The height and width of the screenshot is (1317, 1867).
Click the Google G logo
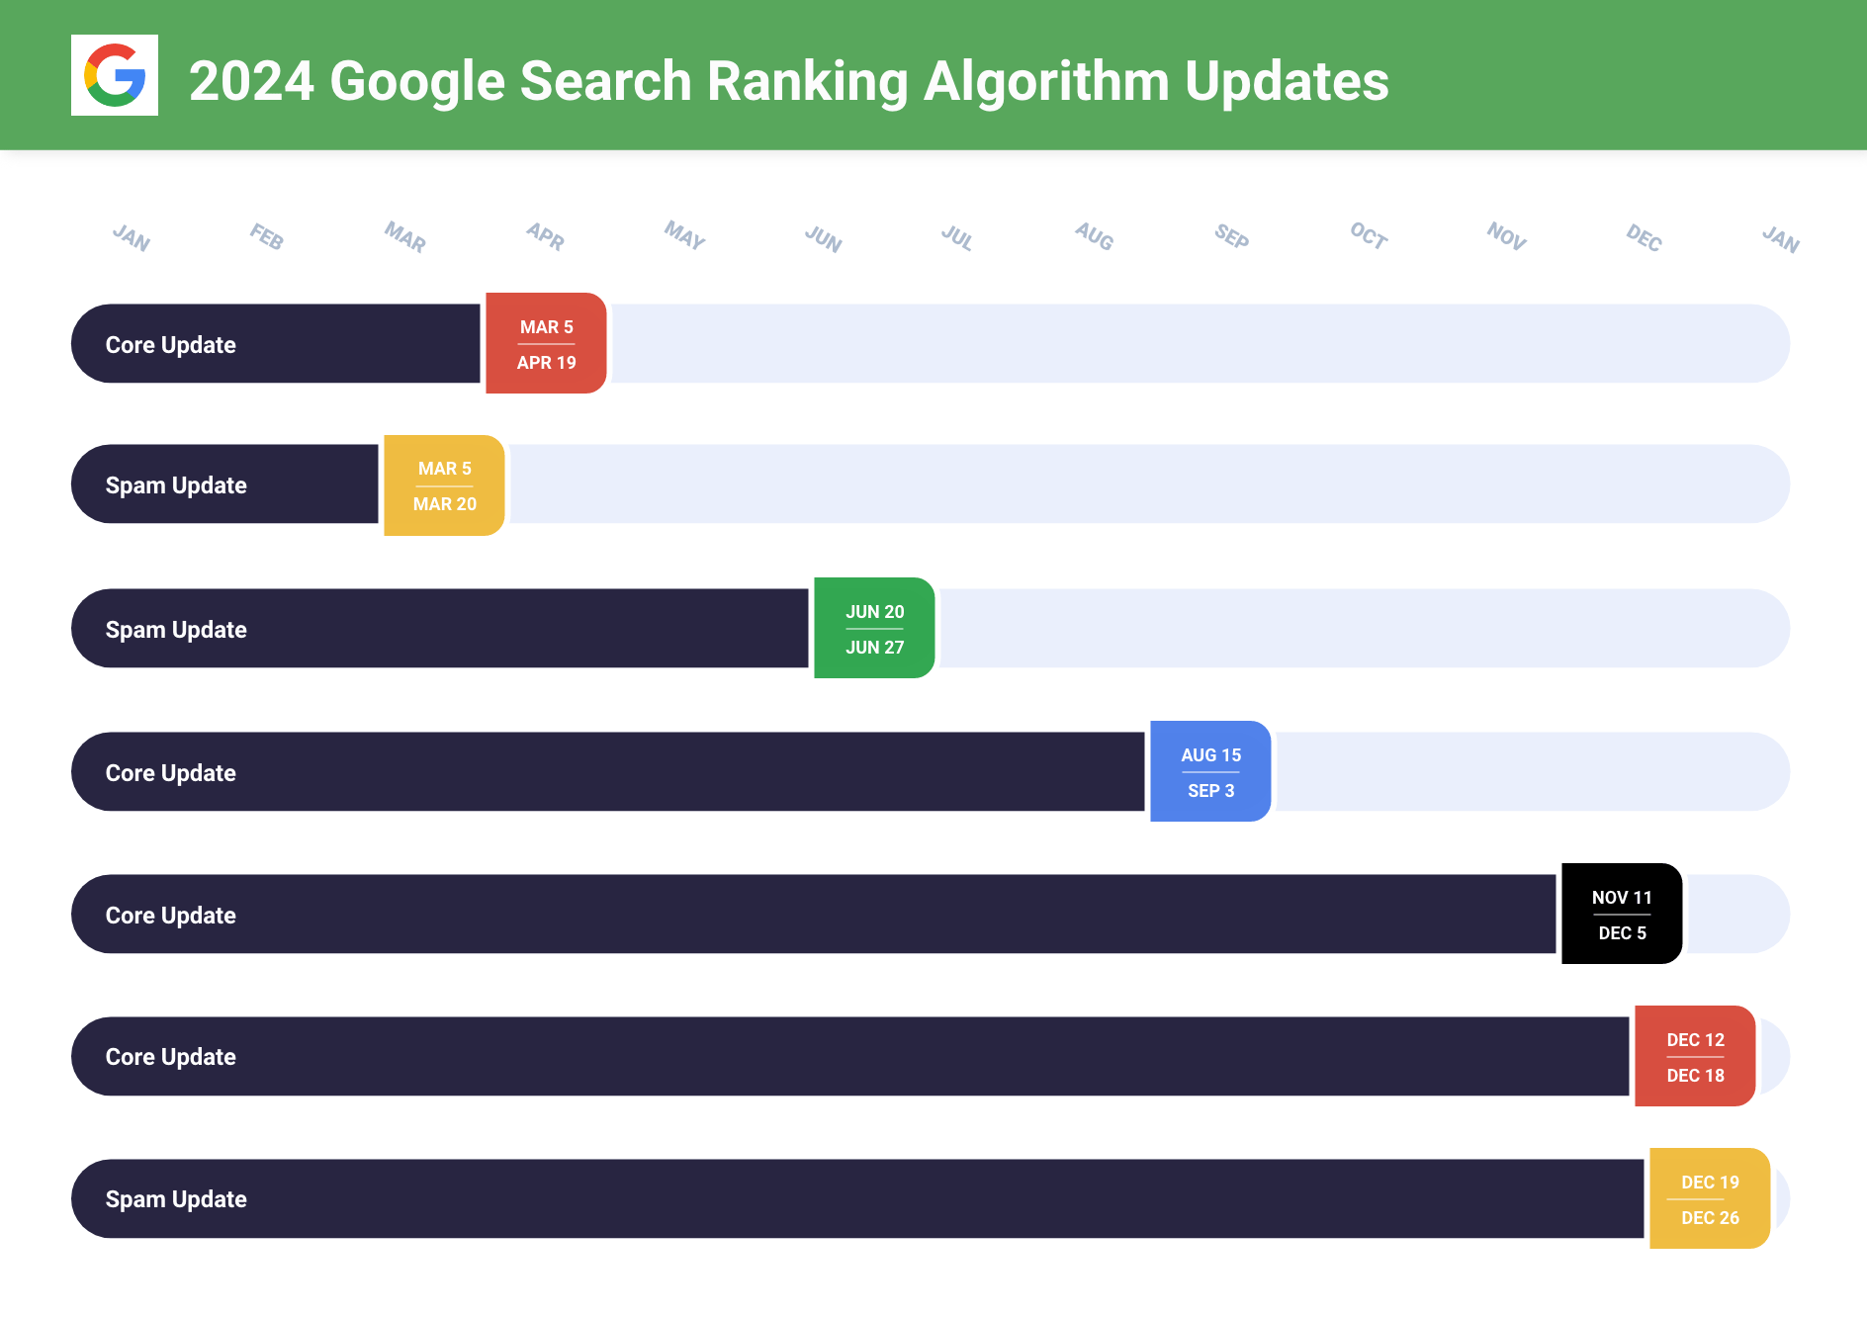point(115,75)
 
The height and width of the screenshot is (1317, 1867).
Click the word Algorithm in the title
point(1045,81)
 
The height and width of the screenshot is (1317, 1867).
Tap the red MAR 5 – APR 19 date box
point(546,344)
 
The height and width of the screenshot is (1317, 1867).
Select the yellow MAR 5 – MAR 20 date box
point(444,485)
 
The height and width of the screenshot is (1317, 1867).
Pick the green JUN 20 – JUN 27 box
point(874,629)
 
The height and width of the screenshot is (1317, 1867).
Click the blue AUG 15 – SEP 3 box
point(1210,772)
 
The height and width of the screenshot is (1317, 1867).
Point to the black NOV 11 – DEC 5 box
point(1622,915)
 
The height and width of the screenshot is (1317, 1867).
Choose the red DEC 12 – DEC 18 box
point(1695,1057)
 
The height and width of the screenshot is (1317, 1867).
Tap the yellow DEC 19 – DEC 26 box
point(1710,1199)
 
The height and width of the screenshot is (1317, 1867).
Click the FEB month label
point(267,236)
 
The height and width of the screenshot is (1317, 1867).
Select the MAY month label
point(684,235)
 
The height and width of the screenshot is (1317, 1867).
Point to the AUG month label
point(1095,236)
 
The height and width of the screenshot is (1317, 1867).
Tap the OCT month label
point(1369,235)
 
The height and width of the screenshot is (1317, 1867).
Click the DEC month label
point(1644,237)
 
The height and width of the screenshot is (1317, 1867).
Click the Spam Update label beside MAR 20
point(176,485)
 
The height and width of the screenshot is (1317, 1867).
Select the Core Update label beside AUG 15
point(171,773)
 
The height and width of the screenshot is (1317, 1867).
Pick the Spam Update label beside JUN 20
point(176,630)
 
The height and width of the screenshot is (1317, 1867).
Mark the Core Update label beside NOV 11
point(171,916)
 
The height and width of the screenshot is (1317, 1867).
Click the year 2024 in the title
point(251,81)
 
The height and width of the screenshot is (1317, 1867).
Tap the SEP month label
point(1231,236)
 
